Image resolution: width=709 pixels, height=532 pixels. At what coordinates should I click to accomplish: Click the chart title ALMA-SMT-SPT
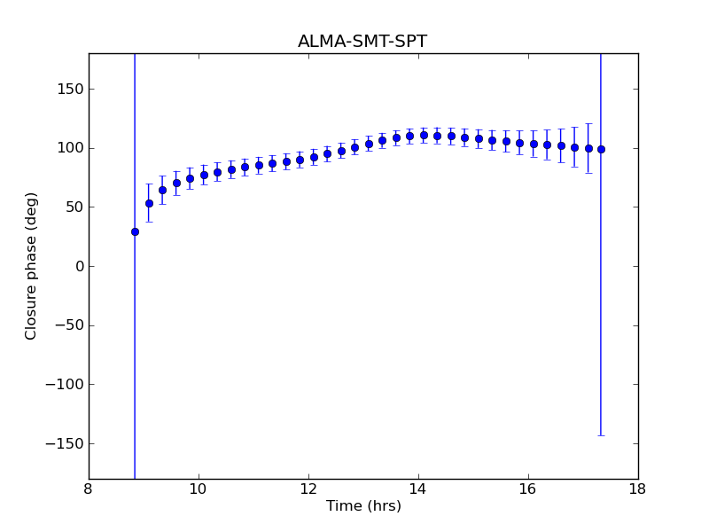pyautogui.click(x=362, y=42)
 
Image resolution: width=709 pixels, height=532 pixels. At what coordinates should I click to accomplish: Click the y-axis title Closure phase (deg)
pyautogui.click(x=32, y=266)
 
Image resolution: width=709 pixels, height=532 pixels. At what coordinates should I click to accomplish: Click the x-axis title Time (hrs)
pyautogui.click(x=363, y=506)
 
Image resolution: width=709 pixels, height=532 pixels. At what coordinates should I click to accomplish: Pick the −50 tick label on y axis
pyautogui.click(x=66, y=325)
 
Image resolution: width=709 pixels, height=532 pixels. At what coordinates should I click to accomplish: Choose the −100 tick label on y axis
pyautogui.click(x=62, y=384)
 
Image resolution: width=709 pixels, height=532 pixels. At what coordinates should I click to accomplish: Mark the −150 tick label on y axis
pyautogui.click(x=62, y=443)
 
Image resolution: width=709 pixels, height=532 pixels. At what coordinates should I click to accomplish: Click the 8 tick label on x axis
pyautogui.click(x=89, y=489)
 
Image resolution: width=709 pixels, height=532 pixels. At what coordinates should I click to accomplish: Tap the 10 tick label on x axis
pyautogui.click(x=199, y=489)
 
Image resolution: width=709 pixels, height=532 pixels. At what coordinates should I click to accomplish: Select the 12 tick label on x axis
pyautogui.click(x=308, y=489)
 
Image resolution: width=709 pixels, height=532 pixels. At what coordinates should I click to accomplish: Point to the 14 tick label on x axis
pyautogui.click(x=418, y=489)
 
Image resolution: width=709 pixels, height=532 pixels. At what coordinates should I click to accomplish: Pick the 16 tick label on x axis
pyautogui.click(x=528, y=489)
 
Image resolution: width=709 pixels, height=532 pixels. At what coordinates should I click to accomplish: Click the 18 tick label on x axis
pyautogui.click(x=637, y=489)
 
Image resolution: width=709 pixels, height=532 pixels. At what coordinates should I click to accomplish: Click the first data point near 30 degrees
pyautogui.click(x=135, y=231)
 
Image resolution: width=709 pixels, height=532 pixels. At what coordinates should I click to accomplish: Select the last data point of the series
pyautogui.click(x=601, y=149)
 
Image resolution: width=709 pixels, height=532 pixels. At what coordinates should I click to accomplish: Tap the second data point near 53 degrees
pyautogui.click(x=149, y=203)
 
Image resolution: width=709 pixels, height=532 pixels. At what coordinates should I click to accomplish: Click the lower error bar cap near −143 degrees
pyautogui.click(x=601, y=435)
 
